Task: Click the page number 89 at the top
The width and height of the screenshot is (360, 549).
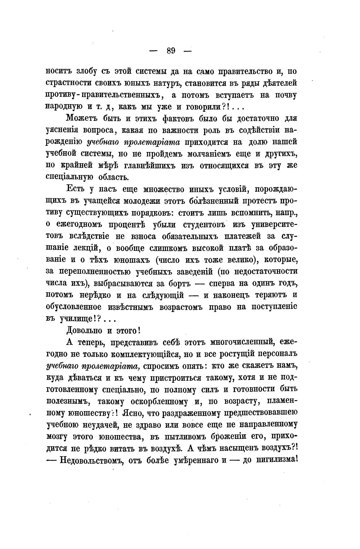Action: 171,50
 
